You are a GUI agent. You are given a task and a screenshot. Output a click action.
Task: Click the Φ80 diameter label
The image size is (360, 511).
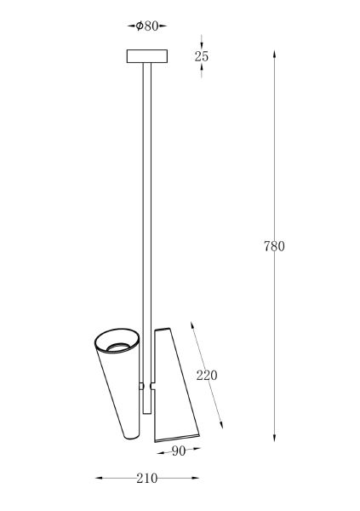point(147,26)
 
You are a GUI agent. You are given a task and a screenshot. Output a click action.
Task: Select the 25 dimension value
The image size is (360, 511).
point(202,57)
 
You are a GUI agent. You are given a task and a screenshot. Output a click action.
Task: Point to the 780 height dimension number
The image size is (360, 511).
point(274,246)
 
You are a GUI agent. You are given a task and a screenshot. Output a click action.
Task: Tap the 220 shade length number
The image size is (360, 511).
point(207,376)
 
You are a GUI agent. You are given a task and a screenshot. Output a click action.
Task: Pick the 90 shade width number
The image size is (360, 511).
point(179,451)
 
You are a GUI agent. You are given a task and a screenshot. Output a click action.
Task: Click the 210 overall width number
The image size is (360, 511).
point(147,479)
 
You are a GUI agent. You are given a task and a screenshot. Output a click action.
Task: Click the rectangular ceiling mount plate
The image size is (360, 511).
point(147,56)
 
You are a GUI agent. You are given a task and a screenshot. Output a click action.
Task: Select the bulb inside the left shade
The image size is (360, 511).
point(118,347)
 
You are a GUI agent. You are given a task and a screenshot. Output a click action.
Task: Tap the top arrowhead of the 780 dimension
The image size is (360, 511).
point(274,55)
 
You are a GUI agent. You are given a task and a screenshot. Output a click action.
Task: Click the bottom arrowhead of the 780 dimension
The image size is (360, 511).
point(274,438)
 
